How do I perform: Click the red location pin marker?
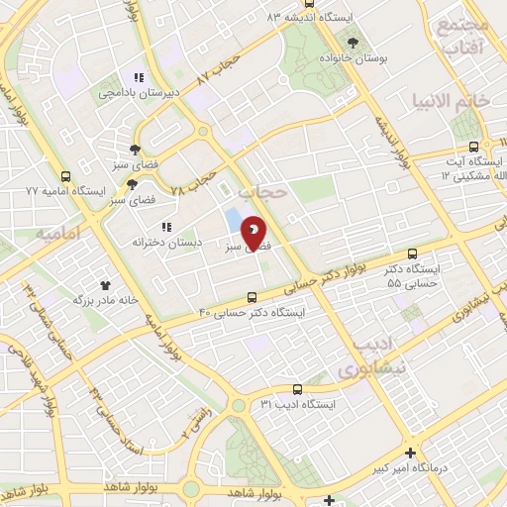pos(253,234)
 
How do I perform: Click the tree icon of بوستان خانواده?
pos(354,42)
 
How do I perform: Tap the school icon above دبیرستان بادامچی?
pos(141,76)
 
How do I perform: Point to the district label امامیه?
pos(55,235)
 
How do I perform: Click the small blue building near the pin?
pos(233,220)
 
